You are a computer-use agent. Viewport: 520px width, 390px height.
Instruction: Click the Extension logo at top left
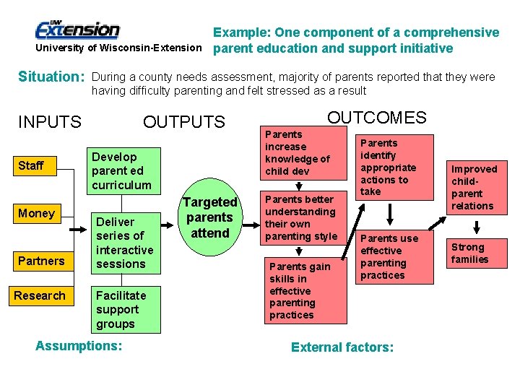pyautogui.click(x=77, y=30)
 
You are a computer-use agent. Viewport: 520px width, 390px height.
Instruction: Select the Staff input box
pyautogui.click(x=43, y=166)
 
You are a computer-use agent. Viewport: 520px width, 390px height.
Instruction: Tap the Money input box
pyautogui.click(x=43, y=213)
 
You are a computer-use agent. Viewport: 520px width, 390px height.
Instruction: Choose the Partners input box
pyautogui.click(x=43, y=261)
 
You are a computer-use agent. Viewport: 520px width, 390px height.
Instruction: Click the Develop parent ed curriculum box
pyautogui.click(x=121, y=171)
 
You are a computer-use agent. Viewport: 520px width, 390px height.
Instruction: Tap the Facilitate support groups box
pyautogui.click(x=121, y=309)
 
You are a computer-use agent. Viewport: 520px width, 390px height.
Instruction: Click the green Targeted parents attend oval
pyautogui.click(x=209, y=217)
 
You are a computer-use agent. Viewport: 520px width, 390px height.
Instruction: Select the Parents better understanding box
pyautogui.click(x=303, y=217)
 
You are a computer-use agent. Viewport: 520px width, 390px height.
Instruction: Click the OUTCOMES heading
pyautogui.click(x=377, y=118)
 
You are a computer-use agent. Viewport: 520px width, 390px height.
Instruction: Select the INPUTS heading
pyautogui.click(x=50, y=122)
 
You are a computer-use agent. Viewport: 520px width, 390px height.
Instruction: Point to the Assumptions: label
pyautogui.click(x=79, y=346)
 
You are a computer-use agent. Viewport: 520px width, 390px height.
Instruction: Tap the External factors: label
pyautogui.click(x=342, y=347)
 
